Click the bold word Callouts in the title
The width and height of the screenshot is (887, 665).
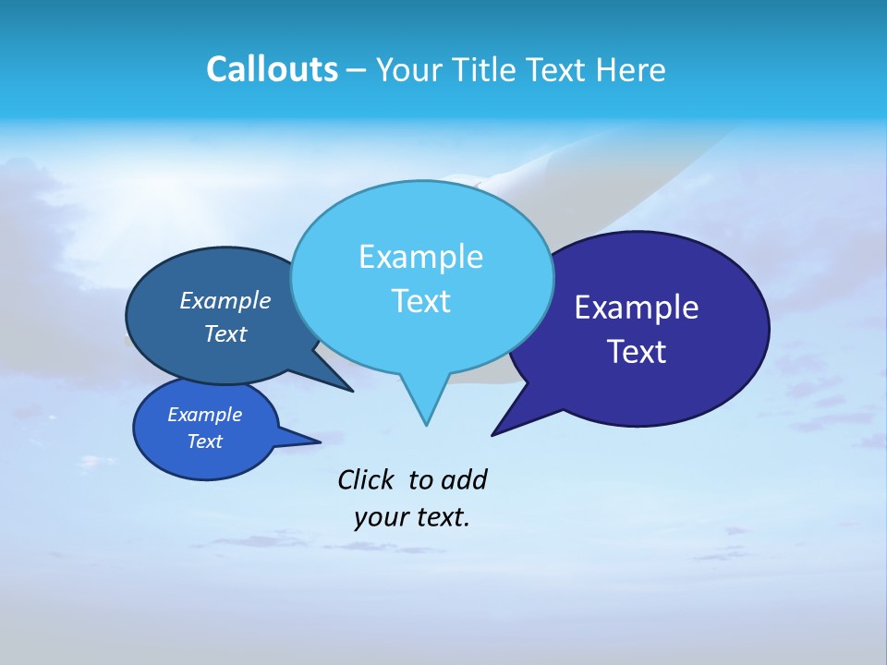[x=272, y=69]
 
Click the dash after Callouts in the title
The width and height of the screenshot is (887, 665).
[x=357, y=70]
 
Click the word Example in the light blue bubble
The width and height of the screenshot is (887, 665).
[x=420, y=257]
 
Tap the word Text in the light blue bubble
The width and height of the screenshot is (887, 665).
[x=420, y=301]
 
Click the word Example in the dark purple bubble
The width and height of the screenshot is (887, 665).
[x=637, y=308]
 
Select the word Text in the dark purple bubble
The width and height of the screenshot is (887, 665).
[x=637, y=352]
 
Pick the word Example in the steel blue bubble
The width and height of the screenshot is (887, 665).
[x=225, y=300]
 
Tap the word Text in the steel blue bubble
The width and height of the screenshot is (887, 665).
[x=225, y=333]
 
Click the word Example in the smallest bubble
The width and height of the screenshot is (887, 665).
[x=205, y=415]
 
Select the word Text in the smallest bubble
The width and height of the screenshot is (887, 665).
[x=205, y=441]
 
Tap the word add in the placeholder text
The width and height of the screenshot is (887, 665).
[x=463, y=479]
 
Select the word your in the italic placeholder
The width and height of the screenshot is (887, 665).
[x=380, y=517]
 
